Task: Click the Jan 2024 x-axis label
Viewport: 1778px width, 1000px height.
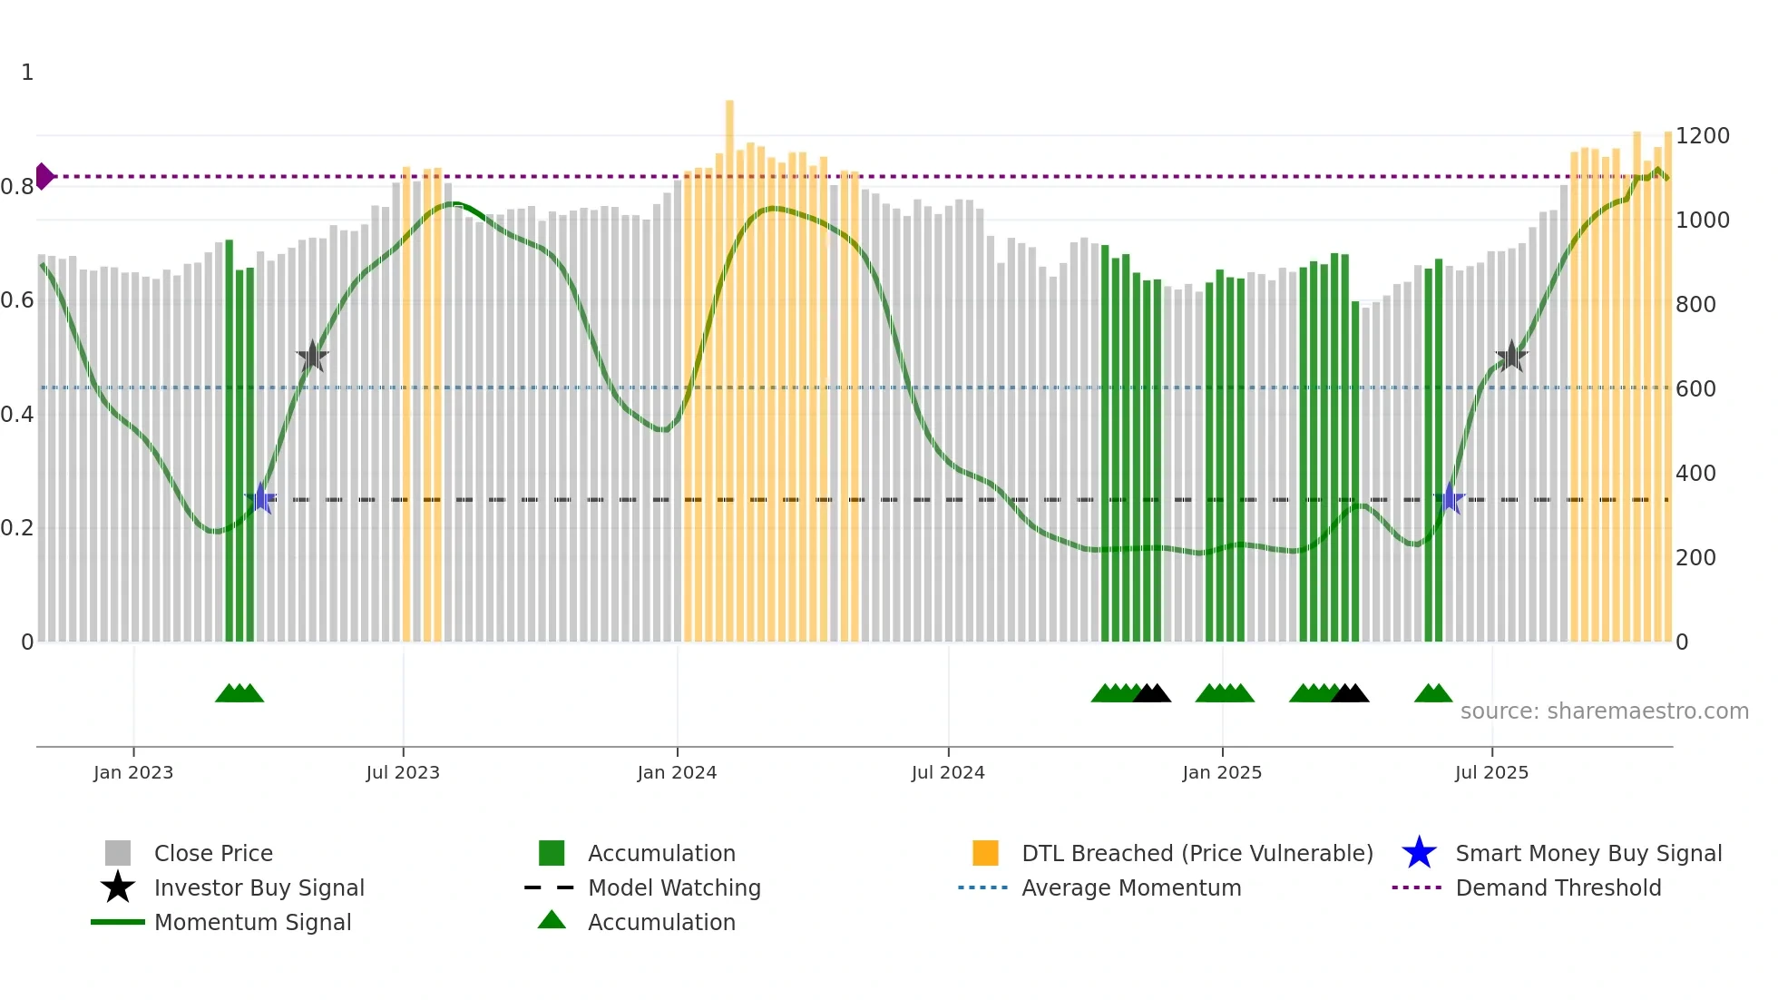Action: (677, 772)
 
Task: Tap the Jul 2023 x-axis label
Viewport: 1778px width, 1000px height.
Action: (403, 772)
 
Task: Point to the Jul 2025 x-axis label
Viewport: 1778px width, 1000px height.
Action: (1491, 772)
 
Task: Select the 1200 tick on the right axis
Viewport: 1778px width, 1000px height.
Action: (1702, 136)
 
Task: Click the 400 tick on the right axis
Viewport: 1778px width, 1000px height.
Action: (1695, 474)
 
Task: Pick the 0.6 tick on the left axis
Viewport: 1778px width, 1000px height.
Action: (17, 300)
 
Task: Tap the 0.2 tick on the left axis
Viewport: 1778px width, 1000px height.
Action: (17, 528)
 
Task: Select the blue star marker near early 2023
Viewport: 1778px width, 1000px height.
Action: (261, 498)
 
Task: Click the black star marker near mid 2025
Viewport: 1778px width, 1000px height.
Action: (1511, 357)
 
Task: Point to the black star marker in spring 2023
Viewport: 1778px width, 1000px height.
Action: (312, 357)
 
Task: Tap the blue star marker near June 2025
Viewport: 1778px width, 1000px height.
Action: (1449, 498)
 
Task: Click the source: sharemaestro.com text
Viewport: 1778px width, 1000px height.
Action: (1604, 711)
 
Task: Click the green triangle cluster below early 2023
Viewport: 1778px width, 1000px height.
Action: (239, 693)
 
